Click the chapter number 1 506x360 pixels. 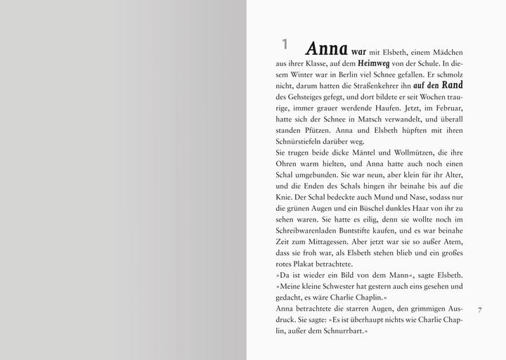(285, 44)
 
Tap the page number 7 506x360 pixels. (479, 309)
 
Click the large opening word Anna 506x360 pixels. (327, 49)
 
